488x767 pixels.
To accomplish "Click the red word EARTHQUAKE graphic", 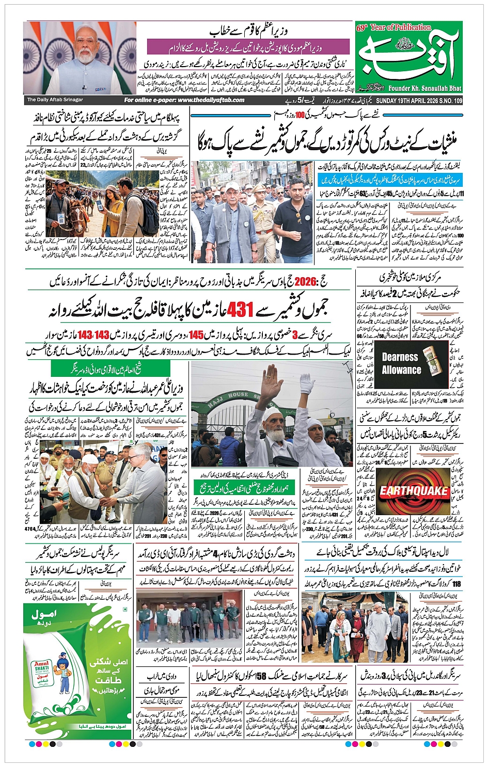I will [x=414, y=490].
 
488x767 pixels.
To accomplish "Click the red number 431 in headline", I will [x=240, y=310].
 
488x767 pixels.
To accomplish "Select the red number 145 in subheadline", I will [x=196, y=335].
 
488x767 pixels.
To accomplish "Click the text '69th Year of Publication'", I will [x=393, y=27].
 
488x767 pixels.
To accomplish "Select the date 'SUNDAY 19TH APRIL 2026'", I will [x=406, y=100].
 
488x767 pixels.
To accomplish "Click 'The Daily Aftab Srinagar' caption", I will [x=55, y=100].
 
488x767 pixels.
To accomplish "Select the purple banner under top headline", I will [x=248, y=48].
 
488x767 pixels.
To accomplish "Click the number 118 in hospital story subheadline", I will [x=456, y=584].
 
